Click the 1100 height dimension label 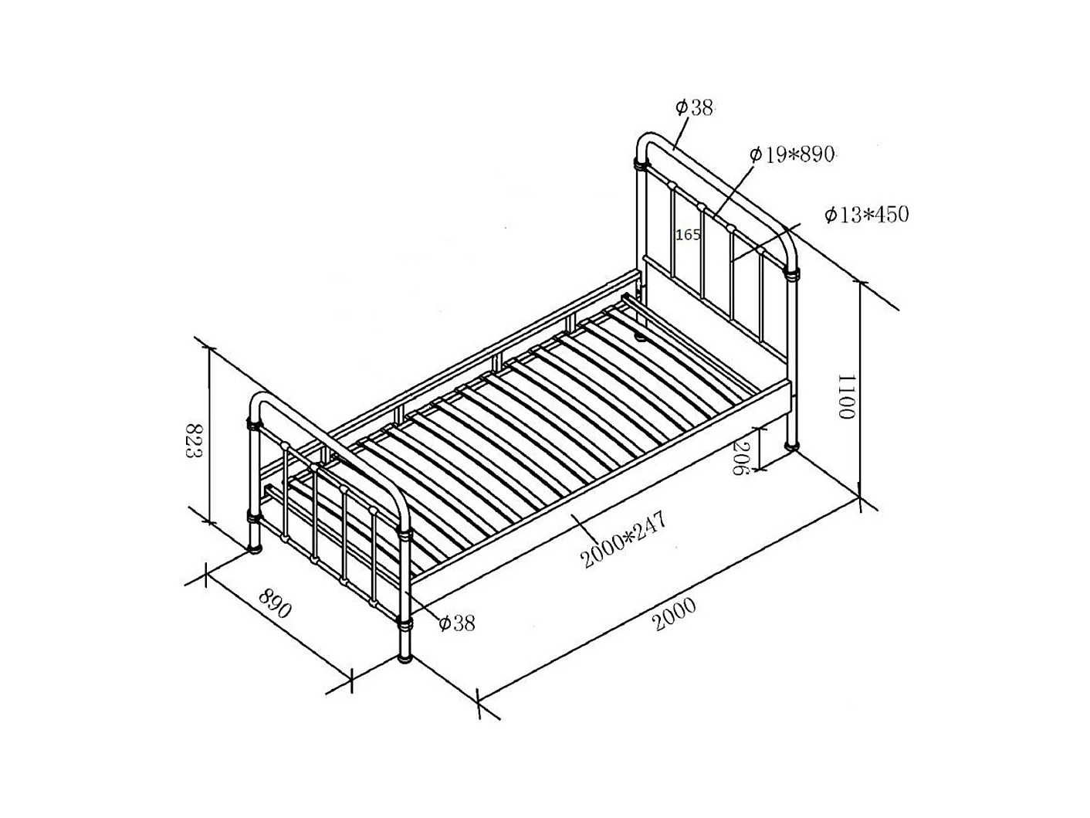pyautogui.click(x=845, y=396)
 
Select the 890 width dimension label pyautogui.click(x=276, y=603)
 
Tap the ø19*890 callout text pyautogui.click(x=792, y=154)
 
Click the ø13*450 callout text pyautogui.click(x=866, y=214)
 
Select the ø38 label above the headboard pyautogui.click(x=694, y=107)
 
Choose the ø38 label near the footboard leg pyautogui.click(x=456, y=623)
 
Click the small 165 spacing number pyautogui.click(x=687, y=235)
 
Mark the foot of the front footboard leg pyautogui.click(x=405, y=658)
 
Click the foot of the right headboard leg pyautogui.click(x=792, y=445)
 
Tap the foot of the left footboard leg pyautogui.click(x=254, y=548)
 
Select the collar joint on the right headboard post pyautogui.click(x=792, y=272)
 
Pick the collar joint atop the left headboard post pyautogui.click(x=641, y=164)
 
